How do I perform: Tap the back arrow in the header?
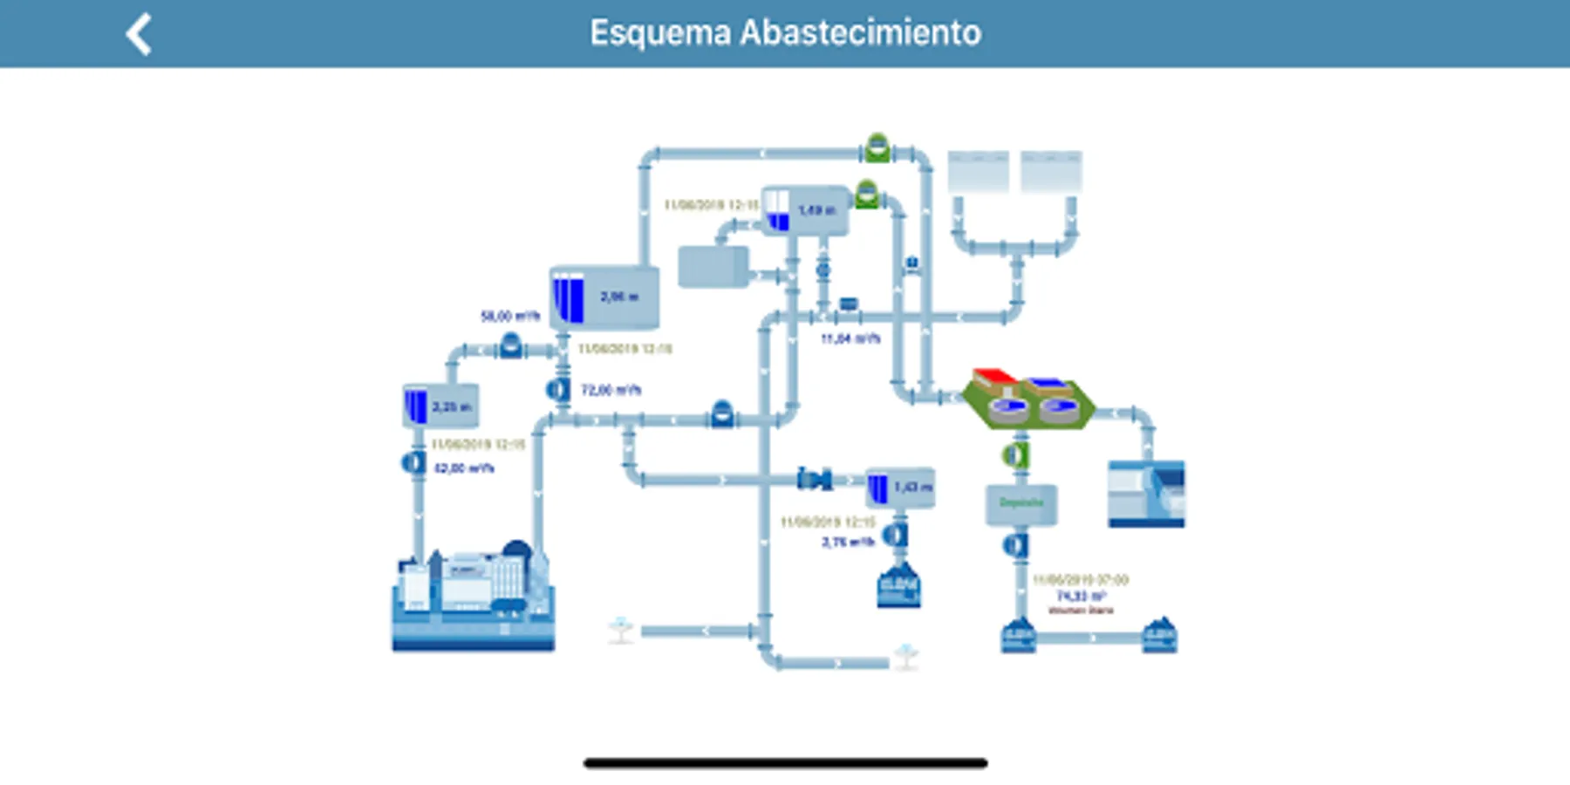pos(140,35)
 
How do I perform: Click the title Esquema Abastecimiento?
pos(785,33)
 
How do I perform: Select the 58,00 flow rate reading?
pos(510,316)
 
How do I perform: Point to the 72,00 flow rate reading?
pos(611,390)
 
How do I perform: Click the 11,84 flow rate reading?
pos(850,338)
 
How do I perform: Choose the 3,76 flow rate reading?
pos(848,542)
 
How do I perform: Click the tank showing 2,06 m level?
pos(604,297)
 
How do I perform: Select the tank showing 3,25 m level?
pos(440,406)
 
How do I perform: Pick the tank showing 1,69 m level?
pos(805,210)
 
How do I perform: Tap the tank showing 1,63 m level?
pos(901,488)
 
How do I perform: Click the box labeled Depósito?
pos(1021,503)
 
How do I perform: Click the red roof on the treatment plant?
pos(994,377)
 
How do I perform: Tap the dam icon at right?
pos(1146,494)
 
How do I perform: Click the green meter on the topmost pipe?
pos(877,148)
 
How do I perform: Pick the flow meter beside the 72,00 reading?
pos(558,390)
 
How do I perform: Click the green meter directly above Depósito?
pos(1014,454)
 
